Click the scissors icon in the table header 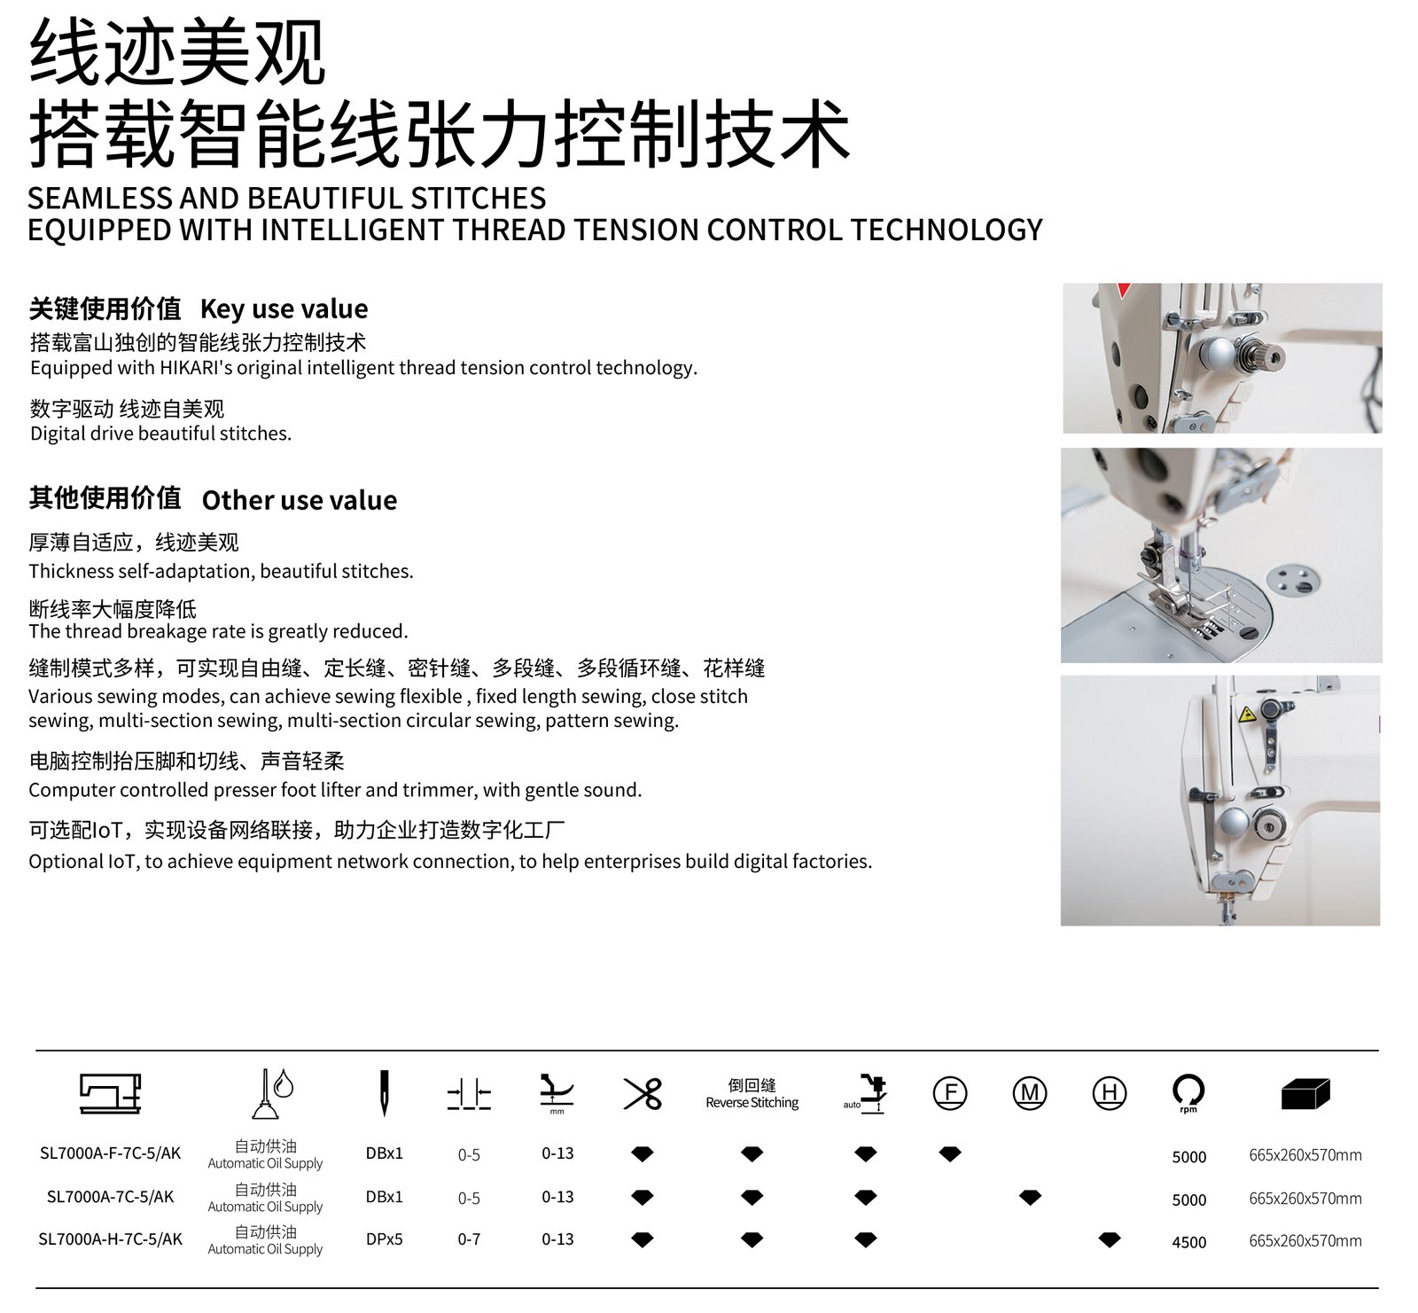(643, 1093)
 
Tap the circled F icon (950, 1092)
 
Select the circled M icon (1030, 1092)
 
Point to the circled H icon (1110, 1092)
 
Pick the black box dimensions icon (1305, 1094)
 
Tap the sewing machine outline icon (110, 1093)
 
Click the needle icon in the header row (385, 1092)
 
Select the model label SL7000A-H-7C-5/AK (110, 1239)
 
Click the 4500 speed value (1188, 1242)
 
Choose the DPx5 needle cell (385, 1239)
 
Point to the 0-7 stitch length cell (469, 1239)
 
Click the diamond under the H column (1110, 1239)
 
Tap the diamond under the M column (1030, 1198)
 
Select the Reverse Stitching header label (752, 1103)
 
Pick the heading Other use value (300, 500)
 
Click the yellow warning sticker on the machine (1248, 715)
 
